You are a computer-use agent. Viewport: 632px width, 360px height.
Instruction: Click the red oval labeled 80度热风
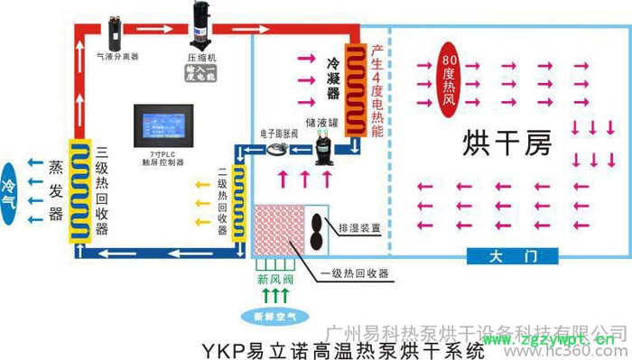click(x=451, y=71)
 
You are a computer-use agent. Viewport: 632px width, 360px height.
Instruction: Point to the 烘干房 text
click(x=506, y=142)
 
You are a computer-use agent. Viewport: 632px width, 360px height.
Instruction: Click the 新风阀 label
click(x=274, y=278)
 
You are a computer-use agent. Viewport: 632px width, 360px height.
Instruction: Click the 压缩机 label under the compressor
click(x=201, y=57)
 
